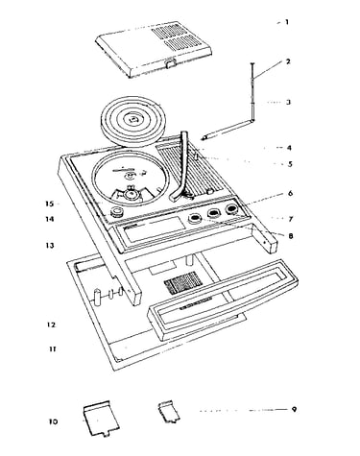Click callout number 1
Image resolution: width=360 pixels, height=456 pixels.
[287, 22]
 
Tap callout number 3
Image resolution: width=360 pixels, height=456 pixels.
[288, 103]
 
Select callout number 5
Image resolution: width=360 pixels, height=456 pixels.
[290, 164]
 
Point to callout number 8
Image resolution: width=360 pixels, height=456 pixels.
[291, 236]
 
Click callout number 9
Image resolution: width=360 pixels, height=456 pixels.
[294, 409]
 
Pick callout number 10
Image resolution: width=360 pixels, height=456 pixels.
[53, 421]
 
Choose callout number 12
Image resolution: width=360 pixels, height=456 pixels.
[51, 324]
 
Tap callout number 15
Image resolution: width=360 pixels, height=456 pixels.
[50, 204]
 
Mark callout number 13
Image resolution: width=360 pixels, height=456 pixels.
[50, 246]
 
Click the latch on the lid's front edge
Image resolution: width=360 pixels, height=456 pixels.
[171, 62]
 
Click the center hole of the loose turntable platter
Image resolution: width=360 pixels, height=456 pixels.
[132, 120]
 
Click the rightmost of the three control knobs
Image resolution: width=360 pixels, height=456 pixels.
[230, 209]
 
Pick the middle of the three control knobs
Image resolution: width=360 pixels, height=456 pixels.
[212, 213]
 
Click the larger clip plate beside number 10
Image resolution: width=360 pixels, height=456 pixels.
[101, 418]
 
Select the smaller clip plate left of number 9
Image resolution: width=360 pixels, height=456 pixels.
[169, 411]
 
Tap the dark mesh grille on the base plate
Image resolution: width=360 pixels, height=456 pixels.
[181, 282]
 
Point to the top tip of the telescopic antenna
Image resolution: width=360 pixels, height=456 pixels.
[252, 64]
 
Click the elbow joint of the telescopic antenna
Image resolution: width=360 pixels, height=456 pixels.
[252, 120]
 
